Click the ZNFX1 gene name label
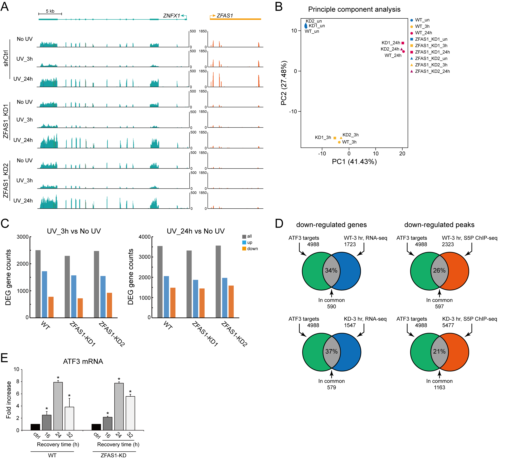[x=171, y=16]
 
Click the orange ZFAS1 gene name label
[x=225, y=16]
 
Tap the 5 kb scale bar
[x=50, y=13]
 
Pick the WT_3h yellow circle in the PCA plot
[x=339, y=142]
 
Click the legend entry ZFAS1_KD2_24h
[x=432, y=71]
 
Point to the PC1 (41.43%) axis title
[x=354, y=162]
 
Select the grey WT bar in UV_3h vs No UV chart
[x=38, y=284]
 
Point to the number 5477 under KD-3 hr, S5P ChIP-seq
[x=448, y=325]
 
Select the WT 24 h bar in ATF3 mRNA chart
[x=58, y=406]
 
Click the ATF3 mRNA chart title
[x=83, y=361]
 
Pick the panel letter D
[x=279, y=224]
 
